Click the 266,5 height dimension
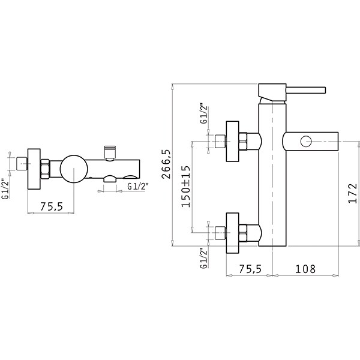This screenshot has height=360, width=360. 166,164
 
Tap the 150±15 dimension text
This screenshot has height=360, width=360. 186,186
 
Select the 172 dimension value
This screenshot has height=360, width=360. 353,193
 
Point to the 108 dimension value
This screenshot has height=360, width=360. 305,269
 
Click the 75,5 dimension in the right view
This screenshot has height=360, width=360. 250,269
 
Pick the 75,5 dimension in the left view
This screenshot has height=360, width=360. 52,206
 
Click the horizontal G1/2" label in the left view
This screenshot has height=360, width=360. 137,187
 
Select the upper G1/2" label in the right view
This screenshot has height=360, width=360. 203,115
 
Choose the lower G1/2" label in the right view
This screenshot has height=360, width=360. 203,258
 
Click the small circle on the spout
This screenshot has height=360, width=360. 306,141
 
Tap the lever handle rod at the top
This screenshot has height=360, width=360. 306,90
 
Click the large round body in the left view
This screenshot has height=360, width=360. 74,169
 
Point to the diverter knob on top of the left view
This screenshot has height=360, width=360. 110,152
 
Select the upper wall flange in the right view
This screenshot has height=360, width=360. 233,142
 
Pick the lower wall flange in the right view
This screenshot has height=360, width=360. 233,233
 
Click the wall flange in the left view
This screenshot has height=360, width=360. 34,169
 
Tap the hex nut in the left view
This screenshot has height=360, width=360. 45,169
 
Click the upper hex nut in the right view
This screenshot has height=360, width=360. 243,142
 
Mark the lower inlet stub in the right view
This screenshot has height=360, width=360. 221,233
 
